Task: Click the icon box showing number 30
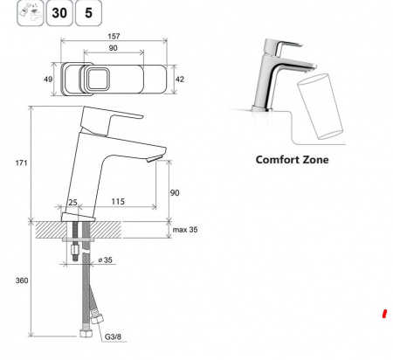(59, 13)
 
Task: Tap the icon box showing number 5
(88, 13)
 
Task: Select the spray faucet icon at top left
(30, 13)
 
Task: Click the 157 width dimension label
(114, 36)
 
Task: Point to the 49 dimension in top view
(48, 79)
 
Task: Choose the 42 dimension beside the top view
(180, 79)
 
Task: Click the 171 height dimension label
(21, 163)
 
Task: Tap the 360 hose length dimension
(22, 280)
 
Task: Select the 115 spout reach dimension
(118, 201)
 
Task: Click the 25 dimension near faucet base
(72, 202)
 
